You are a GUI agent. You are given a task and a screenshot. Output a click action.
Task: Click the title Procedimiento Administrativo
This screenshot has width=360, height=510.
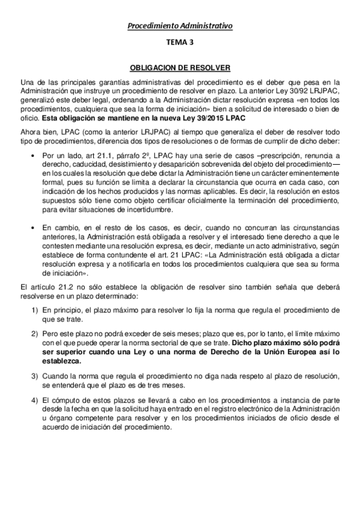coord(180,26)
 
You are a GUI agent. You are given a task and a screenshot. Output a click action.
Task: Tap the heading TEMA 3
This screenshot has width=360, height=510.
coord(180,44)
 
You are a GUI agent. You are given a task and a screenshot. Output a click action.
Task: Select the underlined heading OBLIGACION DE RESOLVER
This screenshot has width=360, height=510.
coord(180,69)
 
